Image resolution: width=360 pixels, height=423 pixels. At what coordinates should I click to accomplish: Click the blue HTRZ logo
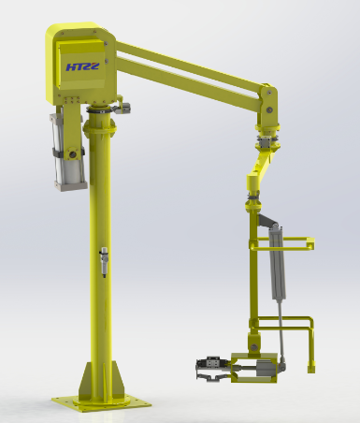tap(82, 66)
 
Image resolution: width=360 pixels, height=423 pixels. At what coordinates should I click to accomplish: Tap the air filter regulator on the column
tap(104, 262)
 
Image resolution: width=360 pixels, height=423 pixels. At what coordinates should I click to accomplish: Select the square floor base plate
tap(102, 404)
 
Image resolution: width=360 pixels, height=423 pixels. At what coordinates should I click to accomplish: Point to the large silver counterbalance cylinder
tap(67, 153)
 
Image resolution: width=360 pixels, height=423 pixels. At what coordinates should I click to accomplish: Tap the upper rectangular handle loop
tap(282, 243)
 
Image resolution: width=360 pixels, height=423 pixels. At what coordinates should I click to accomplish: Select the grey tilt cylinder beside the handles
tap(277, 262)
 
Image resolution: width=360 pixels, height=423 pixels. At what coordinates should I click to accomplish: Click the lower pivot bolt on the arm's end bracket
tap(268, 109)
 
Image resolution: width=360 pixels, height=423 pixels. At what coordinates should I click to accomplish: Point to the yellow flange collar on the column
tap(100, 128)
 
